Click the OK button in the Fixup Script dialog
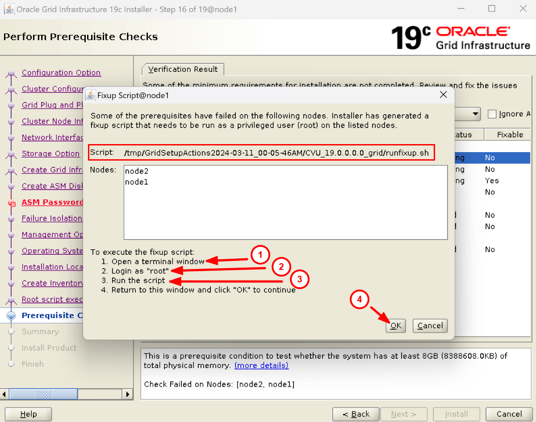click(x=396, y=326)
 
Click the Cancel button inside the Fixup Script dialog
click(x=430, y=326)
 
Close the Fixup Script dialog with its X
click(x=443, y=95)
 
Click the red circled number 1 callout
click(x=260, y=255)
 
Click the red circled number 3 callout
click(x=300, y=280)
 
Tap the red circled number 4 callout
click(x=360, y=300)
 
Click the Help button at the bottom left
click(x=29, y=414)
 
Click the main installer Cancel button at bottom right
click(x=509, y=414)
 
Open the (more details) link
click(x=261, y=365)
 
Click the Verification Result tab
click(x=183, y=70)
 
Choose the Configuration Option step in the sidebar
click(x=61, y=73)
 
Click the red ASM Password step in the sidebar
click(x=52, y=202)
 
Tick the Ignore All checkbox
click(x=492, y=114)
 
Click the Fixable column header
click(x=510, y=135)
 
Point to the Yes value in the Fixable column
click(x=492, y=181)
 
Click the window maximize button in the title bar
click(x=492, y=9)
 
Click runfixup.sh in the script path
click(x=408, y=153)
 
